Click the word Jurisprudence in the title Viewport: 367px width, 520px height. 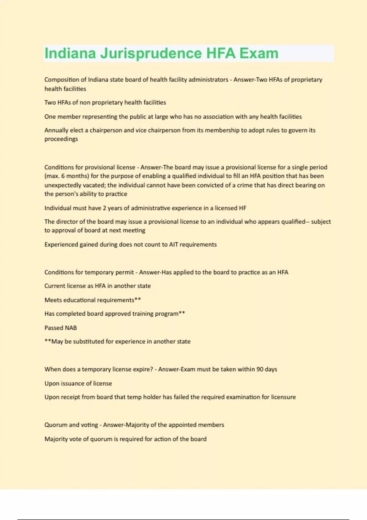[151, 54]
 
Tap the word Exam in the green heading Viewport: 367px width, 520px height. [259, 54]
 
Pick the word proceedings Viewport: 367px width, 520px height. [61, 139]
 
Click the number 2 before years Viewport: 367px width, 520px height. [104, 208]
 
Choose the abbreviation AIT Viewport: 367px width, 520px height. [173, 245]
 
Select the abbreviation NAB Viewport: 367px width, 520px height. [70, 328]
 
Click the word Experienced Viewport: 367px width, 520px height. [61, 245]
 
